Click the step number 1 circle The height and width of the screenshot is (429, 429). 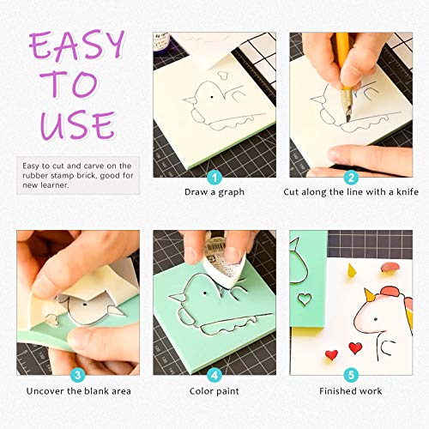(214, 178)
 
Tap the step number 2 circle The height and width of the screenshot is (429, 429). (351, 178)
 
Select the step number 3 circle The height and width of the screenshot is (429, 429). (78, 375)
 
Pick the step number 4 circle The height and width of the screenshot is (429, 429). (214, 375)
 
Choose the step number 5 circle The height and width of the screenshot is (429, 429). (351, 375)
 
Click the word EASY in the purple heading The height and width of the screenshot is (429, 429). (76, 45)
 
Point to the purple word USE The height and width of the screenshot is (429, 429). (78, 125)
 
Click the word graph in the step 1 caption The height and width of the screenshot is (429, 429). (231, 192)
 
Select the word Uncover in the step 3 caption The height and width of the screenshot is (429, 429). (45, 391)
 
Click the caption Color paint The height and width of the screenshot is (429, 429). (214, 391)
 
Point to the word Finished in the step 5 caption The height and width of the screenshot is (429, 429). (336, 391)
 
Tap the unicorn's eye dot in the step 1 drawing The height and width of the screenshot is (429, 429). (212, 97)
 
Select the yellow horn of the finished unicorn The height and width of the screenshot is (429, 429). (369, 295)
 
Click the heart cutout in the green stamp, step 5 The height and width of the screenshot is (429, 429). (305, 299)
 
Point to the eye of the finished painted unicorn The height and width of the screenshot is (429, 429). (376, 319)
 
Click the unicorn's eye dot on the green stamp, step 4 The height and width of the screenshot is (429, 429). (205, 293)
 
